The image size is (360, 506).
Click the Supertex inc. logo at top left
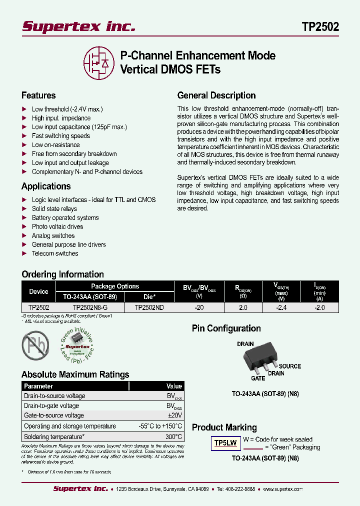point(78,27)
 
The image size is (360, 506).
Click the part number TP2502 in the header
point(320,27)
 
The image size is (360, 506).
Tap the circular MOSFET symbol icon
point(99,63)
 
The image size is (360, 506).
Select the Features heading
point(38,95)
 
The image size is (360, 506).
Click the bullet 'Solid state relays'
point(54,208)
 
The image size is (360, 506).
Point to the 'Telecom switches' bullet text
point(55,253)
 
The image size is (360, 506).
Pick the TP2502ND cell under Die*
point(149,308)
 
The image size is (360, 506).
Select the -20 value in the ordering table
point(199,308)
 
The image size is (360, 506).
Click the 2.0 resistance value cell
point(243,308)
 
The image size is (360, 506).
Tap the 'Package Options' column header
point(115,286)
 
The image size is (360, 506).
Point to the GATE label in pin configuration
point(258,378)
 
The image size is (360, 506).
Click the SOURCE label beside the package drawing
point(290,366)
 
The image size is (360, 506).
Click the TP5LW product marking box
point(225,443)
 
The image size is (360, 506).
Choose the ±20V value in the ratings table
point(175,415)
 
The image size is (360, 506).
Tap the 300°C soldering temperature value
point(174,436)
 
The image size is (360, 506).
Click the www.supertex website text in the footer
point(285,489)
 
